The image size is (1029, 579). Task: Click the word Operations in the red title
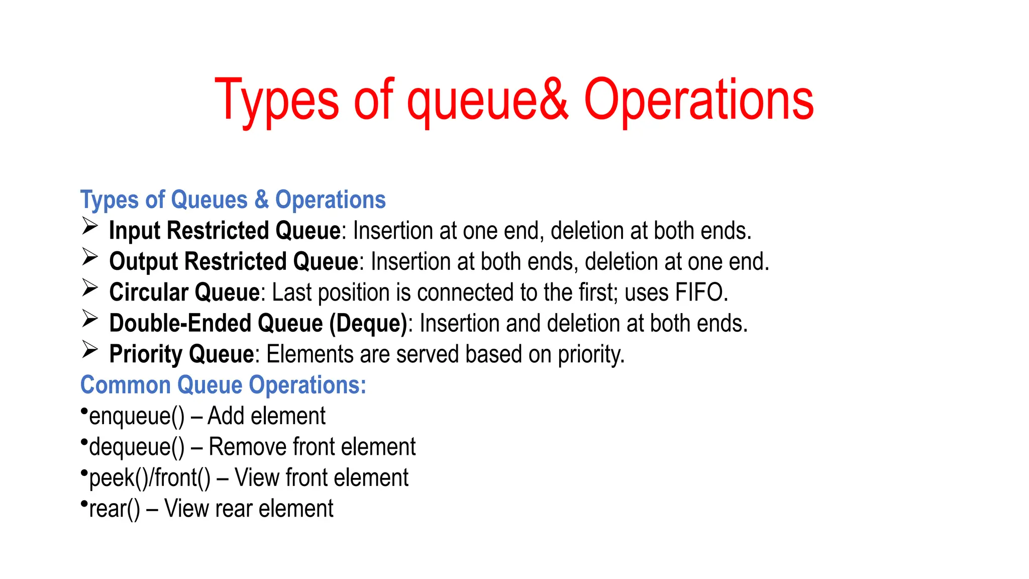pyautogui.click(x=698, y=101)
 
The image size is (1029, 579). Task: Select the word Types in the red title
pyautogui.click(x=277, y=101)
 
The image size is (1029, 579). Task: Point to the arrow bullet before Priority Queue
pyautogui.click(x=90, y=350)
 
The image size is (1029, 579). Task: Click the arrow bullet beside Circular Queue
pyautogui.click(x=90, y=288)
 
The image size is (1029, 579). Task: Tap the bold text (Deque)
pyautogui.click(x=368, y=324)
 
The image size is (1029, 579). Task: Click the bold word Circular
pyautogui.click(x=149, y=293)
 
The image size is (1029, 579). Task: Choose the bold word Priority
pyautogui.click(x=146, y=354)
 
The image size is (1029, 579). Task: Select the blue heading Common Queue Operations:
pyautogui.click(x=223, y=385)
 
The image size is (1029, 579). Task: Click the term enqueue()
pyautogui.click(x=137, y=417)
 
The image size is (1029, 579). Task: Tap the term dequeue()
pyautogui.click(x=137, y=447)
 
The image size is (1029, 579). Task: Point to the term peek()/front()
pyautogui.click(x=150, y=478)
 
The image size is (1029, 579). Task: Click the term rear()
pyautogui.click(x=115, y=509)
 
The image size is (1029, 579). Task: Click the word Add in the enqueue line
pyautogui.click(x=226, y=416)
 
